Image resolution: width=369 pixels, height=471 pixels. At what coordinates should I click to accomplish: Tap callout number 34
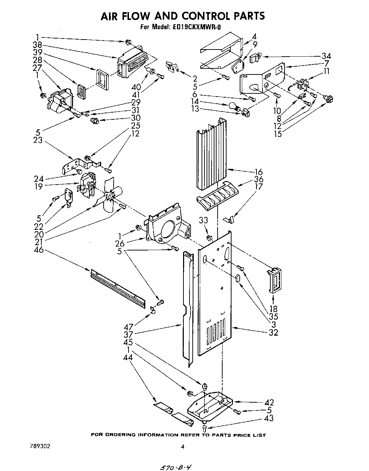326,56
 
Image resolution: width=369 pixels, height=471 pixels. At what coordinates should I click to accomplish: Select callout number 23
38,140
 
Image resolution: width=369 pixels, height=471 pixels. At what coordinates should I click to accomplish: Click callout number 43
269,418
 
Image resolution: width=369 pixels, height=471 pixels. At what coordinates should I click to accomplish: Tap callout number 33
203,221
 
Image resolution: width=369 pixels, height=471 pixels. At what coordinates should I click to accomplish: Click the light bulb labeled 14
233,106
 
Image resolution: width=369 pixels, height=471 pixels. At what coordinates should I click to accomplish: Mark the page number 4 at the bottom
182,446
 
